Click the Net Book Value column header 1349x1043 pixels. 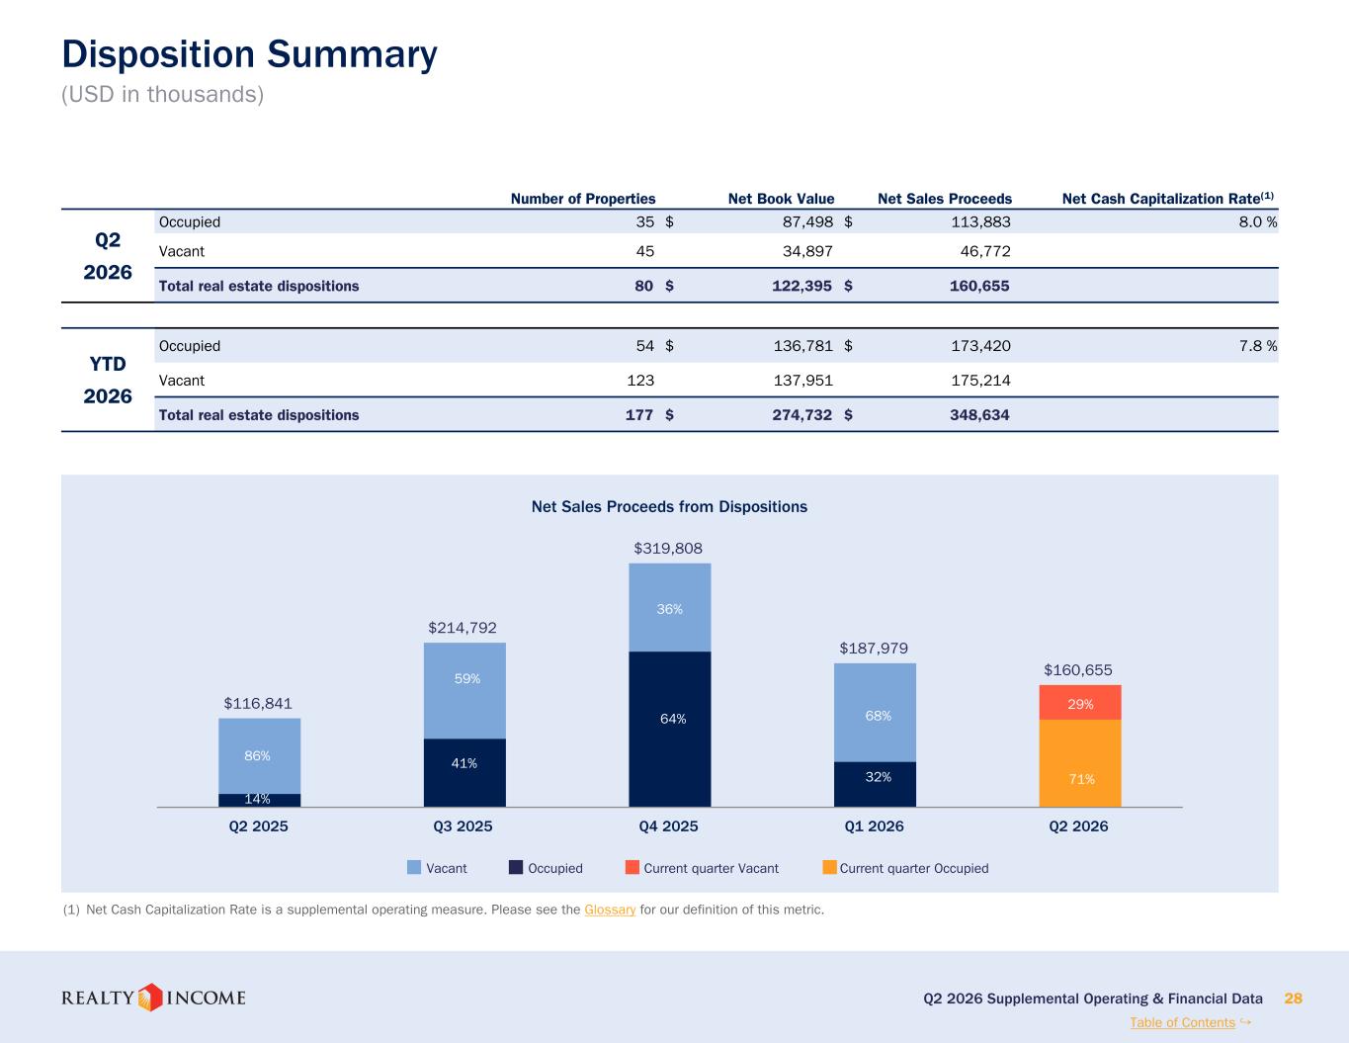(x=781, y=199)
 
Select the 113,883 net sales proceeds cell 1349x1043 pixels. (x=980, y=221)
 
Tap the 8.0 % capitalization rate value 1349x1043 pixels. (x=1258, y=221)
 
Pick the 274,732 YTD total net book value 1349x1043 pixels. (x=801, y=414)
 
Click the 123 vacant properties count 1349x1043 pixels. (x=640, y=380)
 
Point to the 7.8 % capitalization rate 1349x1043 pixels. (x=1258, y=346)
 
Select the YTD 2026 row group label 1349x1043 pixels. (x=108, y=380)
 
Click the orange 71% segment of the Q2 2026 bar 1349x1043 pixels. (x=1080, y=763)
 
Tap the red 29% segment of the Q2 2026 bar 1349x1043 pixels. (x=1080, y=702)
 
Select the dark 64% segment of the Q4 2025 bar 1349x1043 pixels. (x=670, y=729)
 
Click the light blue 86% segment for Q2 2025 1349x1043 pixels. (x=260, y=755)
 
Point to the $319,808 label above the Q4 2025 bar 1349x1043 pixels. (x=668, y=549)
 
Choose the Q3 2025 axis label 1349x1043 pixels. (x=463, y=826)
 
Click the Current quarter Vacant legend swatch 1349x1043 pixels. (x=632, y=867)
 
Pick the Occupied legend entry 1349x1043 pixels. (x=546, y=868)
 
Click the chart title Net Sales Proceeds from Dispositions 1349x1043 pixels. (x=669, y=506)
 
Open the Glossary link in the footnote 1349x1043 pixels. (x=610, y=910)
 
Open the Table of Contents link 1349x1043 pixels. (x=1182, y=1022)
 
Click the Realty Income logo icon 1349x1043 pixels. (x=150, y=998)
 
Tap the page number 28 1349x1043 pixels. (x=1293, y=999)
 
